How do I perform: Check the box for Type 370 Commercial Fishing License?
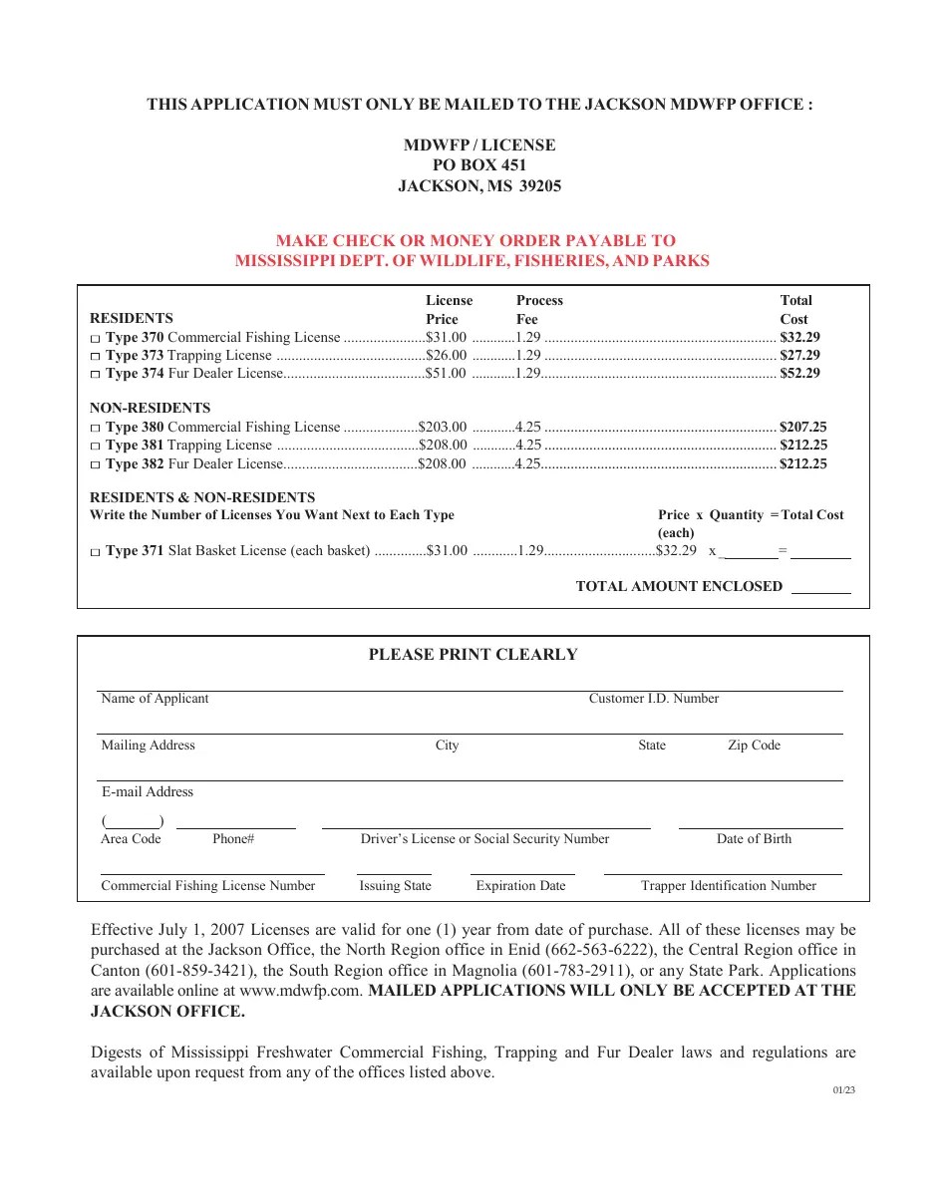click(x=95, y=339)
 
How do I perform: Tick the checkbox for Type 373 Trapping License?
click(x=95, y=357)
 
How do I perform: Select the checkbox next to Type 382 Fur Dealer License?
click(x=95, y=465)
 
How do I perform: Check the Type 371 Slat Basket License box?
click(x=95, y=552)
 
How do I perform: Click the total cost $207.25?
click(x=802, y=427)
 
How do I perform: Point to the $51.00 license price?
click(x=446, y=373)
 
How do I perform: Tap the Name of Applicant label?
click(x=155, y=699)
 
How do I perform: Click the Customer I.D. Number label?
click(x=653, y=699)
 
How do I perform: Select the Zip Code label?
click(x=754, y=746)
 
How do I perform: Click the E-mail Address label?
click(x=148, y=792)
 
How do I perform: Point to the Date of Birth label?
click(x=754, y=839)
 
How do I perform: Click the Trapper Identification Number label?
click(x=728, y=886)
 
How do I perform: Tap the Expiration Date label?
click(x=520, y=886)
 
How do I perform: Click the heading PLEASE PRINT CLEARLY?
click(x=473, y=655)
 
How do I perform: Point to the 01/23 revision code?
click(x=843, y=1089)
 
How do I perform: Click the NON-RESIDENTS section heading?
click(x=150, y=408)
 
